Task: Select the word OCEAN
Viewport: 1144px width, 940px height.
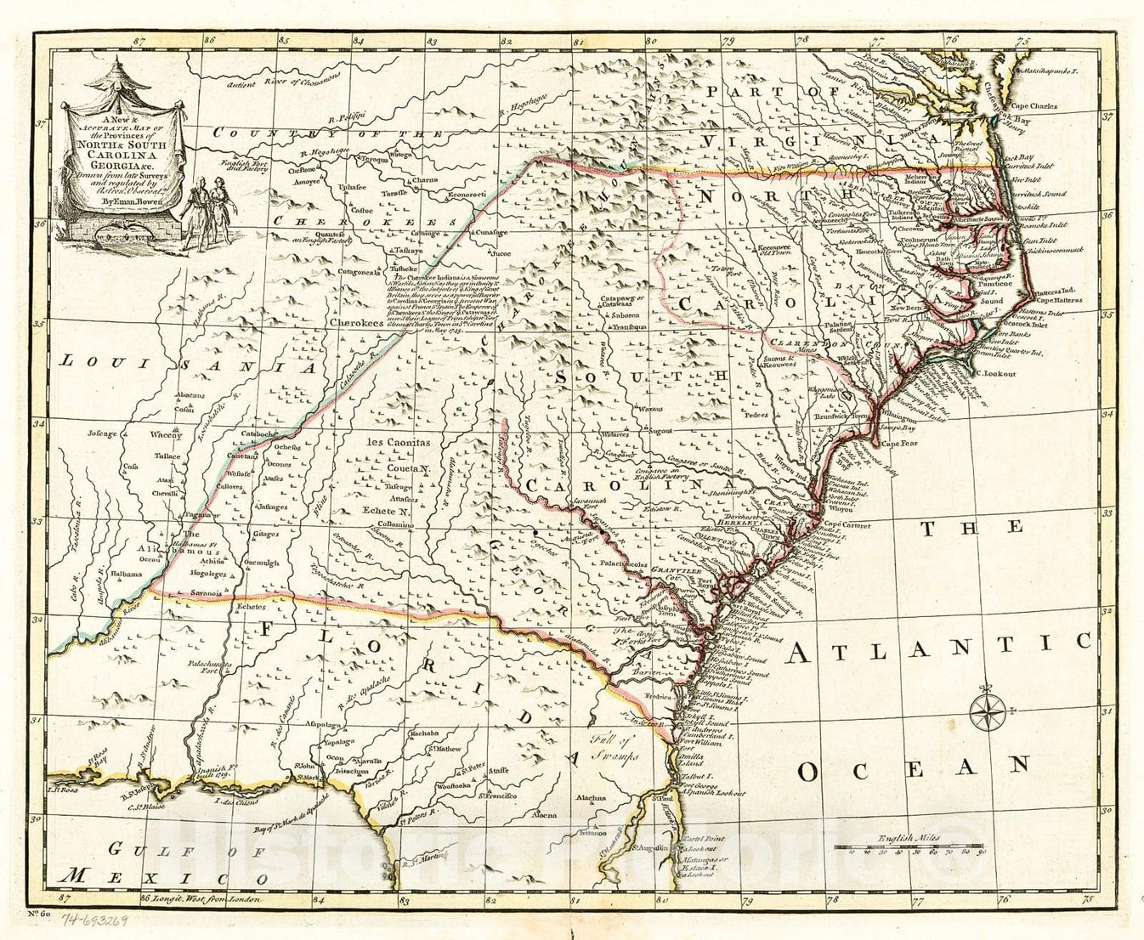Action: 913,768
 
